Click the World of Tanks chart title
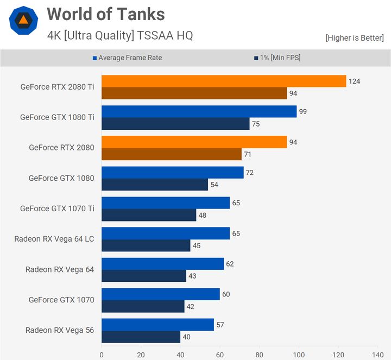(x=105, y=14)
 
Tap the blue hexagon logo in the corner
(x=23, y=21)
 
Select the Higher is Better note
(x=355, y=37)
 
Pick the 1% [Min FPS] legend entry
(x=276, y=58)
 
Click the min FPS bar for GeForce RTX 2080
(x=172, y=154)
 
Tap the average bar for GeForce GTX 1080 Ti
(x=199, y=111)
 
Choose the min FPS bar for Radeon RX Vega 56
(x=141, y=337)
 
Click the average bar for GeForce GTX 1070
(x=160, y=294)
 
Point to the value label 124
(x=354, y=81)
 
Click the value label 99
(x=302, y=112)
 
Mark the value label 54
(x=215, y=185)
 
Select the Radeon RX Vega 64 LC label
(x=54, y=239)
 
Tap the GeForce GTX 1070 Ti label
(x=57, y=209)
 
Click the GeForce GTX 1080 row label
(x=61, y=178)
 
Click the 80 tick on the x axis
(x=259, y=355)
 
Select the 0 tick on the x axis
(x=102, y=355)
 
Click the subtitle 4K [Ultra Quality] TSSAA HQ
(x=119, y=36)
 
